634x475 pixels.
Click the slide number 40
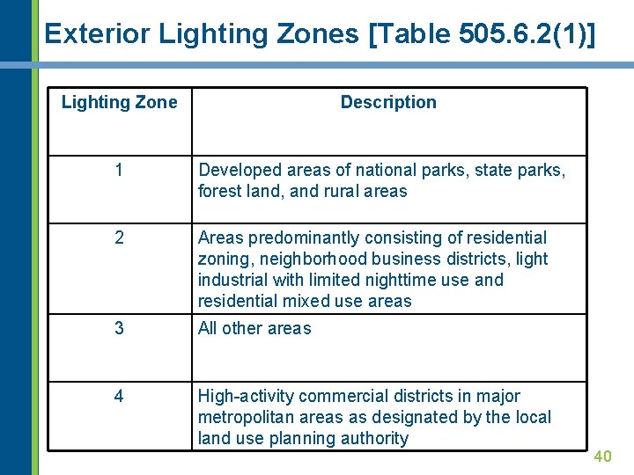pyautogui.click(x=602, y=456)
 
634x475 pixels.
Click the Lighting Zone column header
pyautogui.click(x=119, y=102)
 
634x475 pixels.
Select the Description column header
pyautogui.click(x=388, y=102)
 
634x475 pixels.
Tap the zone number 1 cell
pyautogui.click(x=119, y=170)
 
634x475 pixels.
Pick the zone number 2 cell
pyautogui.click(x=119, y=237)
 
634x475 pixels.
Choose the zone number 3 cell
pyautogui.click(x=119, y=328)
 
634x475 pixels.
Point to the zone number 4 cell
pyautogui.click(x=119, y=396)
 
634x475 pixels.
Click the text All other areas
pyautogui.click(x=254, y=328)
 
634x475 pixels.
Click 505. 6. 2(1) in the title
pyautogui.click(x=523, y=33)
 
